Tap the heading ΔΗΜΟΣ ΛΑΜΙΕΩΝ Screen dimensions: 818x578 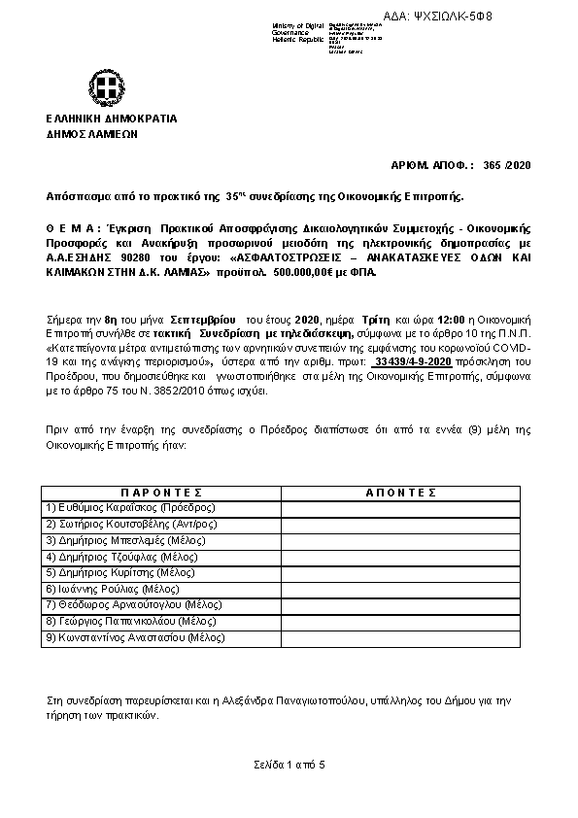pos(92,135)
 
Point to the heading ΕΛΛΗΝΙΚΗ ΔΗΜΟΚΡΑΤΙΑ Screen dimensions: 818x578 pos(111,119)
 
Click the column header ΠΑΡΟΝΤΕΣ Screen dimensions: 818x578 pos(160,493)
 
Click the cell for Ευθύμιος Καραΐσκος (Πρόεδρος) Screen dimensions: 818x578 pos(131,507)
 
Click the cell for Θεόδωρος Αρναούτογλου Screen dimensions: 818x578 pos(122,605)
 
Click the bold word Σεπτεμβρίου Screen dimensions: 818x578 pos(199,318)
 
